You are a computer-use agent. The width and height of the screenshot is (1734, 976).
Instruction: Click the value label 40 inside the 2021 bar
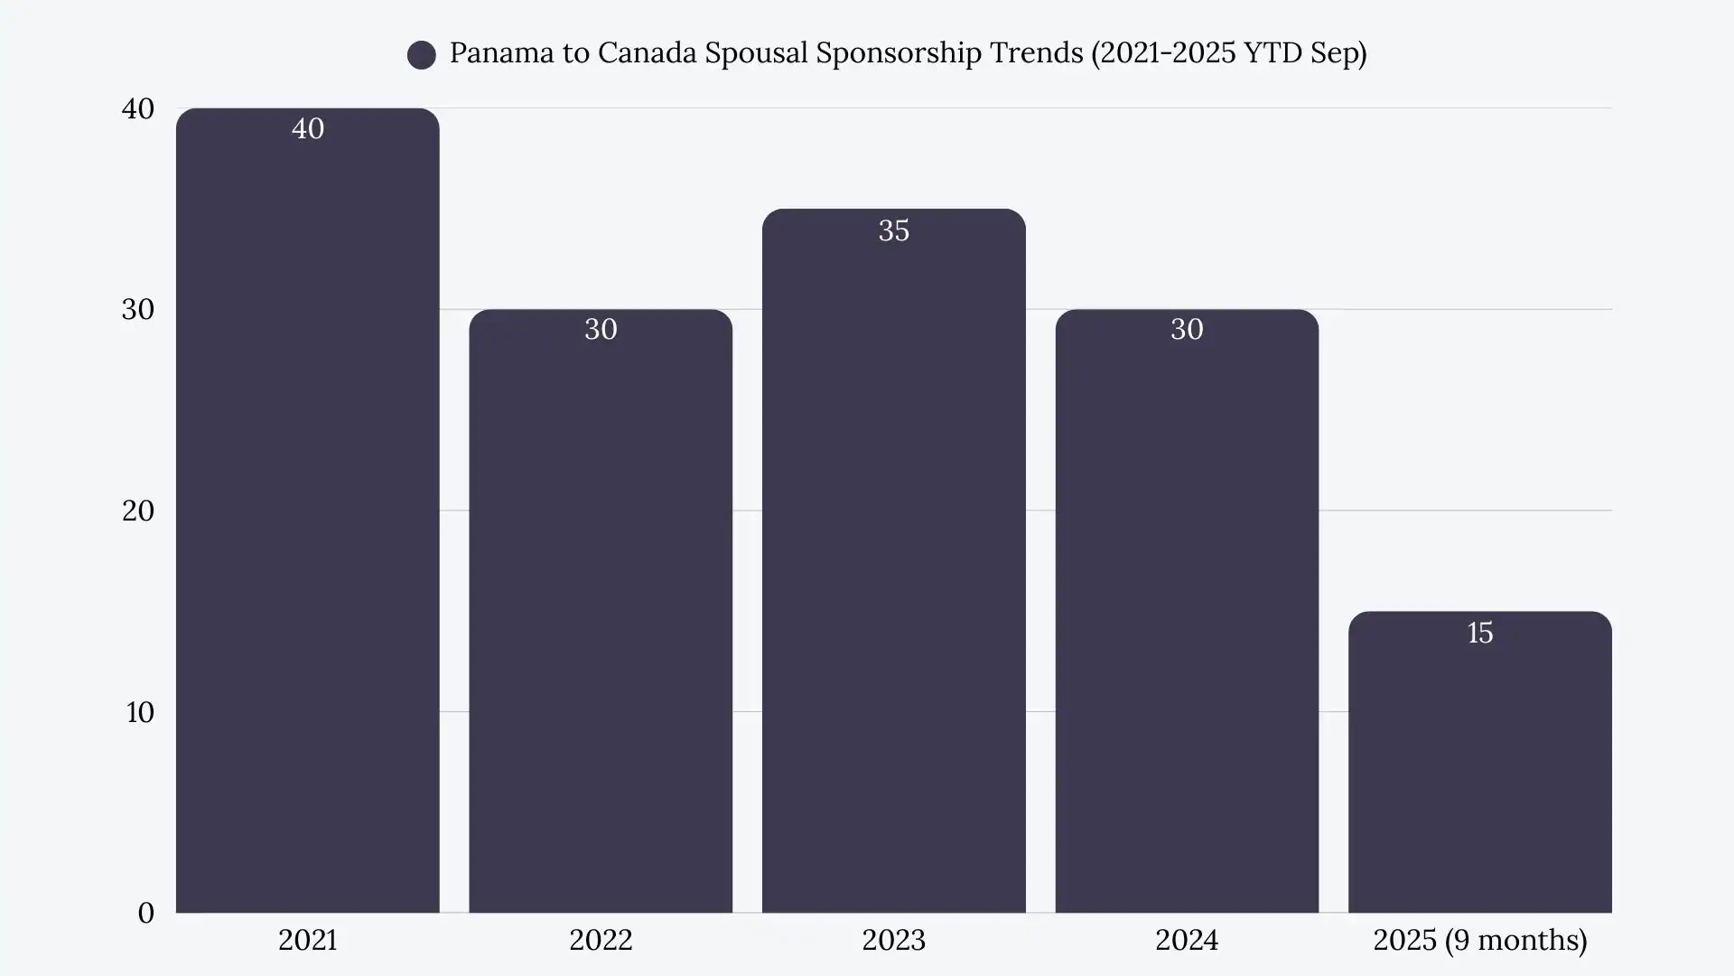point(308,129)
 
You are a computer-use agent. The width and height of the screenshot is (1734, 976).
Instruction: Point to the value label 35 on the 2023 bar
point(893,231)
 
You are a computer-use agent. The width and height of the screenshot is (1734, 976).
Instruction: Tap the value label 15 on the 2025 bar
point(1479,633)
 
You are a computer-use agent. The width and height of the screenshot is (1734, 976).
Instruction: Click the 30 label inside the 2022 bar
point(601,330)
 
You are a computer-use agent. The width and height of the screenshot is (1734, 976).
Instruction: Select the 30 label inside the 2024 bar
point(1187,330)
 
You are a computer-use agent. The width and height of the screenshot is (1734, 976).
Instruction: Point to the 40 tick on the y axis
point(138,109)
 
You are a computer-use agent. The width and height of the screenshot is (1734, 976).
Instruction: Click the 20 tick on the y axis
point(138,511)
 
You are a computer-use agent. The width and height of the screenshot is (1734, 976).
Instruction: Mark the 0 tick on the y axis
point(146,914)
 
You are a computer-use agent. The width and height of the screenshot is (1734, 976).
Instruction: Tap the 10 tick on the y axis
point(140,713)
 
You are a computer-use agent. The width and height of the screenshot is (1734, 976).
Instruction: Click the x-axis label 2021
point(307,941)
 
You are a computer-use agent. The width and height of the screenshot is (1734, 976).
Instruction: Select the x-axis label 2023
point(893,941)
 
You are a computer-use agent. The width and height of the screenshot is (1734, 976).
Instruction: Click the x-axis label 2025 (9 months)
point(1479,941)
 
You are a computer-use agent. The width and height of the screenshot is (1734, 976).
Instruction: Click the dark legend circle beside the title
point(422,55)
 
